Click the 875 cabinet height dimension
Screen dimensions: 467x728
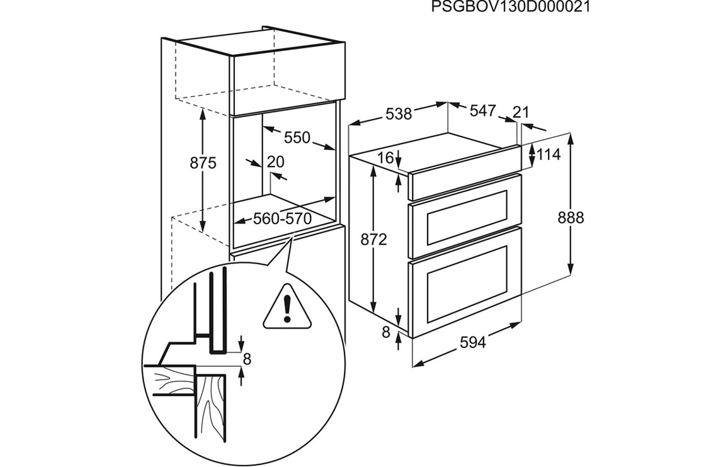(x=203, y=164)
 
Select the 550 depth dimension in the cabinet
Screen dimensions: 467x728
(x=297, y=137)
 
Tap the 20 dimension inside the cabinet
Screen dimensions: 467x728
(x=275, y=162)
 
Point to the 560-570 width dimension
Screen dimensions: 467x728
(x=283, y=220)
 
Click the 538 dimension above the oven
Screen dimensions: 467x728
(x=399, y=114)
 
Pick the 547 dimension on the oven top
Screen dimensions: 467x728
(x=483, y=111)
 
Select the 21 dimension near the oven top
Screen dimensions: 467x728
(x=520, y=112)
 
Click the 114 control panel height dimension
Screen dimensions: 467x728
(x=549, y=154)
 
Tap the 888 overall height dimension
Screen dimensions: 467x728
(x=571, y=218)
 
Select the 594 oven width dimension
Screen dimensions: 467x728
(x=472, y=343)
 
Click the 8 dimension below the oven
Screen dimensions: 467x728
(x=387, y=332)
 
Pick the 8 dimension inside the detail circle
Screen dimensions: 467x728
(x=247, y=359)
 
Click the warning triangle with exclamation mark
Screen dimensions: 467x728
(x=287, y=307)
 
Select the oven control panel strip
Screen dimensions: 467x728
(x=465, y=174)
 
